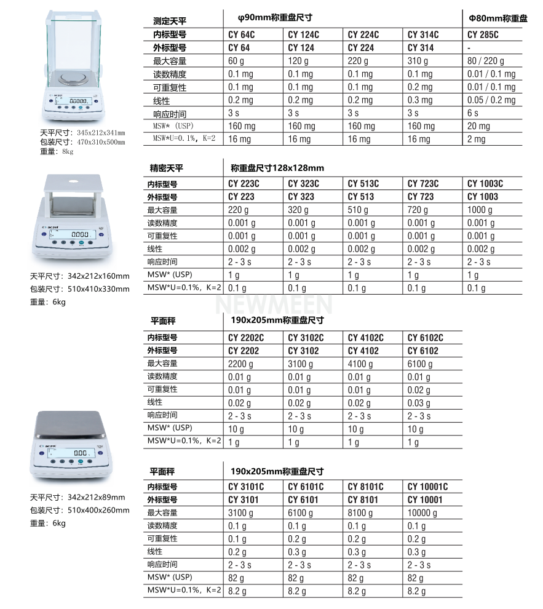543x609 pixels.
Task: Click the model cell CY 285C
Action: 483,34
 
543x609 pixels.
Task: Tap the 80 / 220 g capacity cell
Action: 486,61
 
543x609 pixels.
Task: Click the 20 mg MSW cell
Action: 479,126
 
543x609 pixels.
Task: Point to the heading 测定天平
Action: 169,21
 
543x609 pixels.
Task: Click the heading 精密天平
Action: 167,168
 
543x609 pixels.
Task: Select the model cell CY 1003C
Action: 485,183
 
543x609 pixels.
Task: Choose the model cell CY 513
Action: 362,197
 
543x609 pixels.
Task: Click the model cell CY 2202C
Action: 246,338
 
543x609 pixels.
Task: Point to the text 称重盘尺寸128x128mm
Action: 277,167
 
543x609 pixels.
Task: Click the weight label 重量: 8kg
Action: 56,151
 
